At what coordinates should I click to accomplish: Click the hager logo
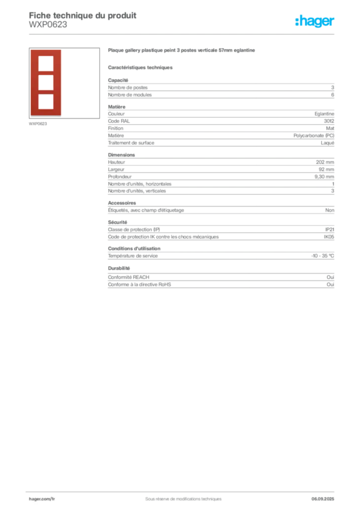(x=315, y=21)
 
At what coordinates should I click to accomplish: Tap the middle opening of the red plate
(x=46, y=83)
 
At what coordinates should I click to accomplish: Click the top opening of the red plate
(x=46, y=63)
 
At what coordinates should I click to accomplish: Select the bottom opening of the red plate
(x=46, y=101)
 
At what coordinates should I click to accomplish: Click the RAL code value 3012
(x=329, y=121)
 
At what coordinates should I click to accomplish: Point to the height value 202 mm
(x=325, y=162)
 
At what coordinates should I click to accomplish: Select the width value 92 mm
(x=326, y=170)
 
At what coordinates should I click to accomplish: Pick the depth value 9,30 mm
(x=324, y=176)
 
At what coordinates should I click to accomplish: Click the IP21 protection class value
(x=330, y=230)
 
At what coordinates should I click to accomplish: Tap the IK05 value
(x=329, y=237)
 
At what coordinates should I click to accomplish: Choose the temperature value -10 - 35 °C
(x=323, y=256)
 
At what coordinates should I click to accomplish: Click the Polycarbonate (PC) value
(x=314, y=136)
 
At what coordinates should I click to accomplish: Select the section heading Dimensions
(x=121, y=155)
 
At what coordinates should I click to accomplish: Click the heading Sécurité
(x=117, y=222)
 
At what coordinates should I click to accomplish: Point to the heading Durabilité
(x=119, y=268)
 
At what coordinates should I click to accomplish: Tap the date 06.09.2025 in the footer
(x=323, y=499)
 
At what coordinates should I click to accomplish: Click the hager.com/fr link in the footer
(x=42, y=499)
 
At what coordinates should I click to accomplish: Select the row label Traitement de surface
(x=131, y=143)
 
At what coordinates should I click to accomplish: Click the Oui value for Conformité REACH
(x=331, y=277)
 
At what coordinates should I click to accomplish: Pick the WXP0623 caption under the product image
(x=38, y=124)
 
